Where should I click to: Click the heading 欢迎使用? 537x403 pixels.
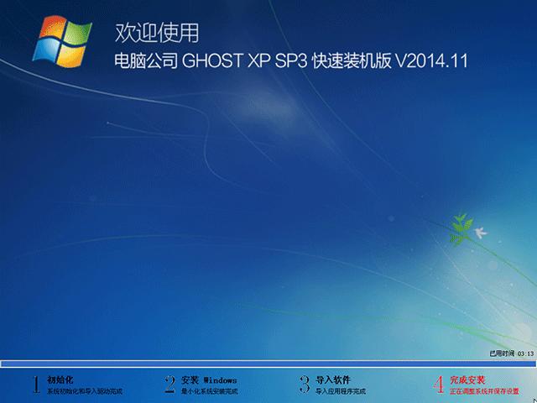157,34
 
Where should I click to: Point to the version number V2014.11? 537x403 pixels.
430,62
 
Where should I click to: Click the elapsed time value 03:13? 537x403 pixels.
525,355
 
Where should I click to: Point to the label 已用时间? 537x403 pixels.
502,355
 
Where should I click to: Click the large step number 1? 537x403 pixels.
36,385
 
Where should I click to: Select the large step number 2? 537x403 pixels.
169,385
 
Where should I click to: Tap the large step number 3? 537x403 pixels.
304,385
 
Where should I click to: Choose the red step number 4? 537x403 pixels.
438,385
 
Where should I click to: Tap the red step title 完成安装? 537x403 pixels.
467,379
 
